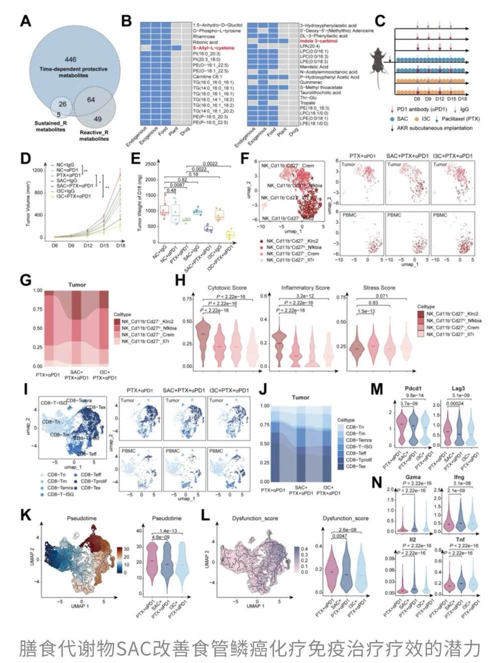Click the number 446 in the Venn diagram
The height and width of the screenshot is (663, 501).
click(x=70, y=60)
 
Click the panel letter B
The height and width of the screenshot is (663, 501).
click(x=126, y=21)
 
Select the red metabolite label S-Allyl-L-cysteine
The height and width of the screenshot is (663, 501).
click(x=213, y=48)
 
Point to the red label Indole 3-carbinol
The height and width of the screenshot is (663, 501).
click(x=319, y=41)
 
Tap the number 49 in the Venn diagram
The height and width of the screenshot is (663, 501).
click(x=98, y=119)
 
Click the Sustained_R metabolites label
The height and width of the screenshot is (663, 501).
click(x=51, y=126)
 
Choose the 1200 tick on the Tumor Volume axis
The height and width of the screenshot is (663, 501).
click(x=38, y=170)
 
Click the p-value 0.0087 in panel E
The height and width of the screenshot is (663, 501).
click(x=177, y=185)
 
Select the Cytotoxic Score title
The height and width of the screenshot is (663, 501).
click(x=227, y=288)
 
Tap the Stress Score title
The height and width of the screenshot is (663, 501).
click(x=379, y=288)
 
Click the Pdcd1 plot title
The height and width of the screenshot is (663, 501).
click(x=413, y=388)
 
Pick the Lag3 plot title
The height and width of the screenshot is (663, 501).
click(x=458, y=388)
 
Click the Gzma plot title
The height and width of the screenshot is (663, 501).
click(x=413, y=477)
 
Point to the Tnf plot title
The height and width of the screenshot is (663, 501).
click(x=460, y=540)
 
